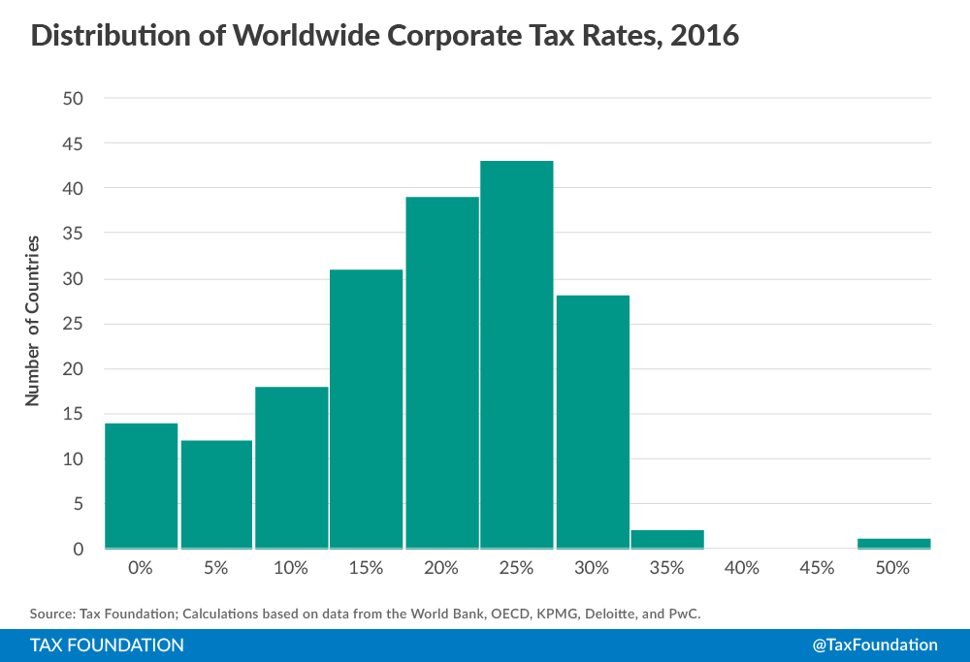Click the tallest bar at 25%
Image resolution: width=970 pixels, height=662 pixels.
516,354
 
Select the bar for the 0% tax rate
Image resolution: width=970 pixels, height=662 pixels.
141,485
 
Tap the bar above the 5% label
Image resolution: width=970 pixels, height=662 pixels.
216,494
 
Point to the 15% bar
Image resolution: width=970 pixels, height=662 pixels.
366,408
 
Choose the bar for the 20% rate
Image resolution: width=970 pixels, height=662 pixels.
441,372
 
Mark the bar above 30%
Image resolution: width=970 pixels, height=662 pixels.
592,422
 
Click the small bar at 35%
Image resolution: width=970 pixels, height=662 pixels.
666,539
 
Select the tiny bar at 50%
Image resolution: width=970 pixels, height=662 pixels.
893,543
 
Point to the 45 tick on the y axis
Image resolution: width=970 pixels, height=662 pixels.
73,143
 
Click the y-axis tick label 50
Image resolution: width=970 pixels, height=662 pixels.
73,98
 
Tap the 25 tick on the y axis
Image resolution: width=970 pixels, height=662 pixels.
73,324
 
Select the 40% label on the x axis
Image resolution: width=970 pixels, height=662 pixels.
742,568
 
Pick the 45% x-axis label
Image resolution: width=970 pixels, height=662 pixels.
817,568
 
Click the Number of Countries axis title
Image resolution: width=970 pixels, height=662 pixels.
33,320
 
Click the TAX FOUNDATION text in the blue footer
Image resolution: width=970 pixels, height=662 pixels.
107,645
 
